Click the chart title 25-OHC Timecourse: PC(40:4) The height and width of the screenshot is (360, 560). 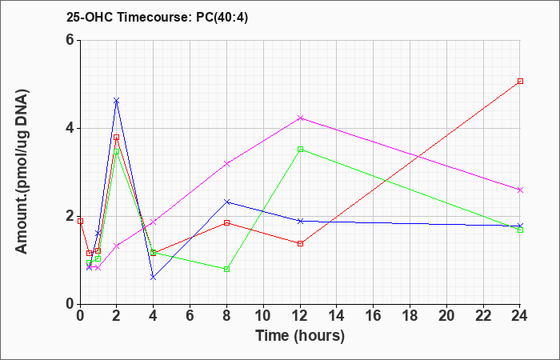[157, 17]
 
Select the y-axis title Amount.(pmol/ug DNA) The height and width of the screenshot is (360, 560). [22, 171]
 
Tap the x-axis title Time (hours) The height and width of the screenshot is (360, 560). [300, 336]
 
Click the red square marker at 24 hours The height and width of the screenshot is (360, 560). [520, 81]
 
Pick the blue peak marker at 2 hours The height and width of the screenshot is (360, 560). [117, 101]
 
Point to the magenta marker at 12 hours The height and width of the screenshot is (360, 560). [300, 118]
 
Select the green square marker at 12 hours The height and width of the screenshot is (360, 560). [300, 150]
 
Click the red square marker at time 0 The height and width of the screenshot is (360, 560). [80, 221]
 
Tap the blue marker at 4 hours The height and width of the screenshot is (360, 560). [154, 277]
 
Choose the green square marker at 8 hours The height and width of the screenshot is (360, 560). [226, 269]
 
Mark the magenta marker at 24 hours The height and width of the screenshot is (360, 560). [520, 190]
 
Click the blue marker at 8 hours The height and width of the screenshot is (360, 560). [226, 202]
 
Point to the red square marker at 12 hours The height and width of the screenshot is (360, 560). [300, 243]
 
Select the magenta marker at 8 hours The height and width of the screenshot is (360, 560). [226, 163]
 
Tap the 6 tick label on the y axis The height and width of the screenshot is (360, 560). [70, 40]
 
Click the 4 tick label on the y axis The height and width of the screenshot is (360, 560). [70, 128]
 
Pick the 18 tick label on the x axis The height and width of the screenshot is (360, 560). [410, 316]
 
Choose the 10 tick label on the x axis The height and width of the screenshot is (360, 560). [263, 316]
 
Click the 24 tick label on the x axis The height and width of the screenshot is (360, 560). [520, 316]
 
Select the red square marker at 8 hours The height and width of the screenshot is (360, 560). [226, 223]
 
